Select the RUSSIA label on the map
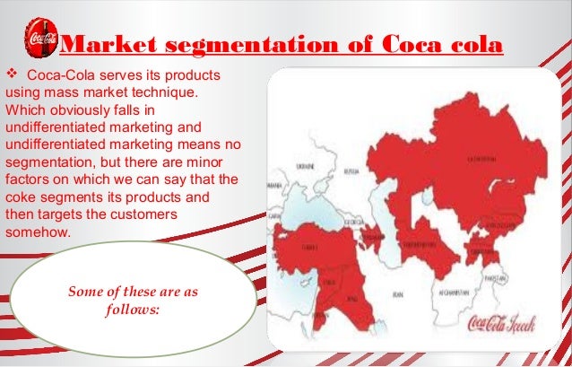coord(352,168)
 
